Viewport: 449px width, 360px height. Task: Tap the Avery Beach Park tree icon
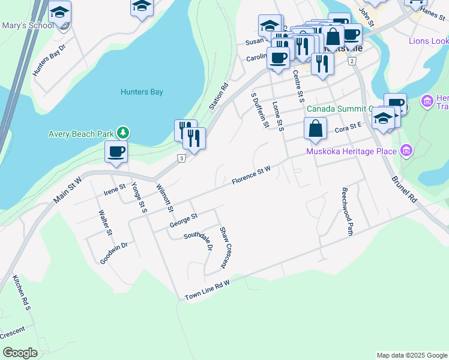tap(123, 132)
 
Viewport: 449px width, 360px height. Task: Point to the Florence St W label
tap(252, 175)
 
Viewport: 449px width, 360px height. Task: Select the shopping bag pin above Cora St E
tap(315, 128)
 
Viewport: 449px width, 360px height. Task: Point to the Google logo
tap(20, 353)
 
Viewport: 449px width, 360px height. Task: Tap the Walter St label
tap(106, 223)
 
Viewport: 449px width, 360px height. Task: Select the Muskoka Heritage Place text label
tap(352, 151)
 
